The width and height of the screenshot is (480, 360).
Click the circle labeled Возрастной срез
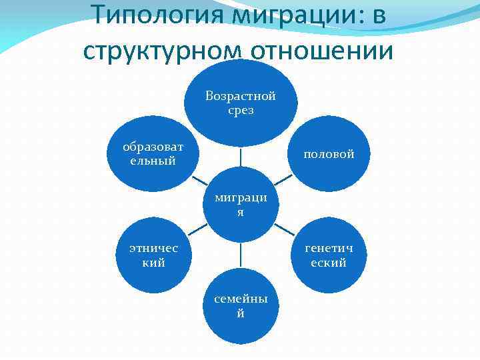(x=241, y=103)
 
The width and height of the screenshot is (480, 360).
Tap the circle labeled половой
(x=329, y=154)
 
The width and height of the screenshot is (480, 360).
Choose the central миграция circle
(x=241, y=205)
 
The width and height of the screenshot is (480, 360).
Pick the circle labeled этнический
(x=153, y=255)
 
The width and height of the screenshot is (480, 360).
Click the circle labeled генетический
(x=329, y=255)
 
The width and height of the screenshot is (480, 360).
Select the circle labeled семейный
(x=241, y=307)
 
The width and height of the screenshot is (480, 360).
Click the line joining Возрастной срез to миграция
(x=241, y=157)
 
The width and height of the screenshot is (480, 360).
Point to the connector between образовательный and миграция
(x=198, y=180)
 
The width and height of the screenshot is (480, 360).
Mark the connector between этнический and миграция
(x=198, y=230)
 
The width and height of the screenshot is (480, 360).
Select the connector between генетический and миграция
(x=284, y=230)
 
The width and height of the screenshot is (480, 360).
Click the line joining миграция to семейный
(x=241, y=255)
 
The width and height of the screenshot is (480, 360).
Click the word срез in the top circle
(x=241, y=111)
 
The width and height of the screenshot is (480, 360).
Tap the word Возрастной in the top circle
(x=241, y=96)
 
